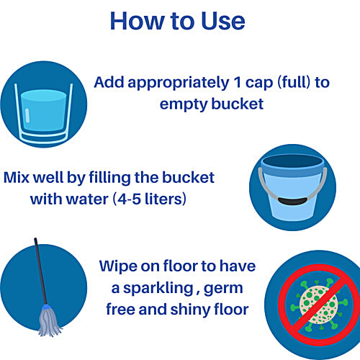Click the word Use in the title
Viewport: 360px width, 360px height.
click(x=223, y=21)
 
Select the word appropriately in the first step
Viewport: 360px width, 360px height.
click(x=179, y=84)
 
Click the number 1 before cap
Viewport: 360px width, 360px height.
click(x=238, y=82)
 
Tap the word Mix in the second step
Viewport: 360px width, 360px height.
click(x=16, y=178)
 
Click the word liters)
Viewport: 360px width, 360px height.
click(x=166, y=199)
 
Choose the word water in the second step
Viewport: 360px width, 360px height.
click(x=87, y=199)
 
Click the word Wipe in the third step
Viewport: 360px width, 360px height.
click(x=118, y=267)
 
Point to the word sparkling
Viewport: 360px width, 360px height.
click(x=158, y=289)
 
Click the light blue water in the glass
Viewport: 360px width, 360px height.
click(x=43, y=110)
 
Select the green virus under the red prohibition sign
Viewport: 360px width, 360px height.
click(x=319, y=304)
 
